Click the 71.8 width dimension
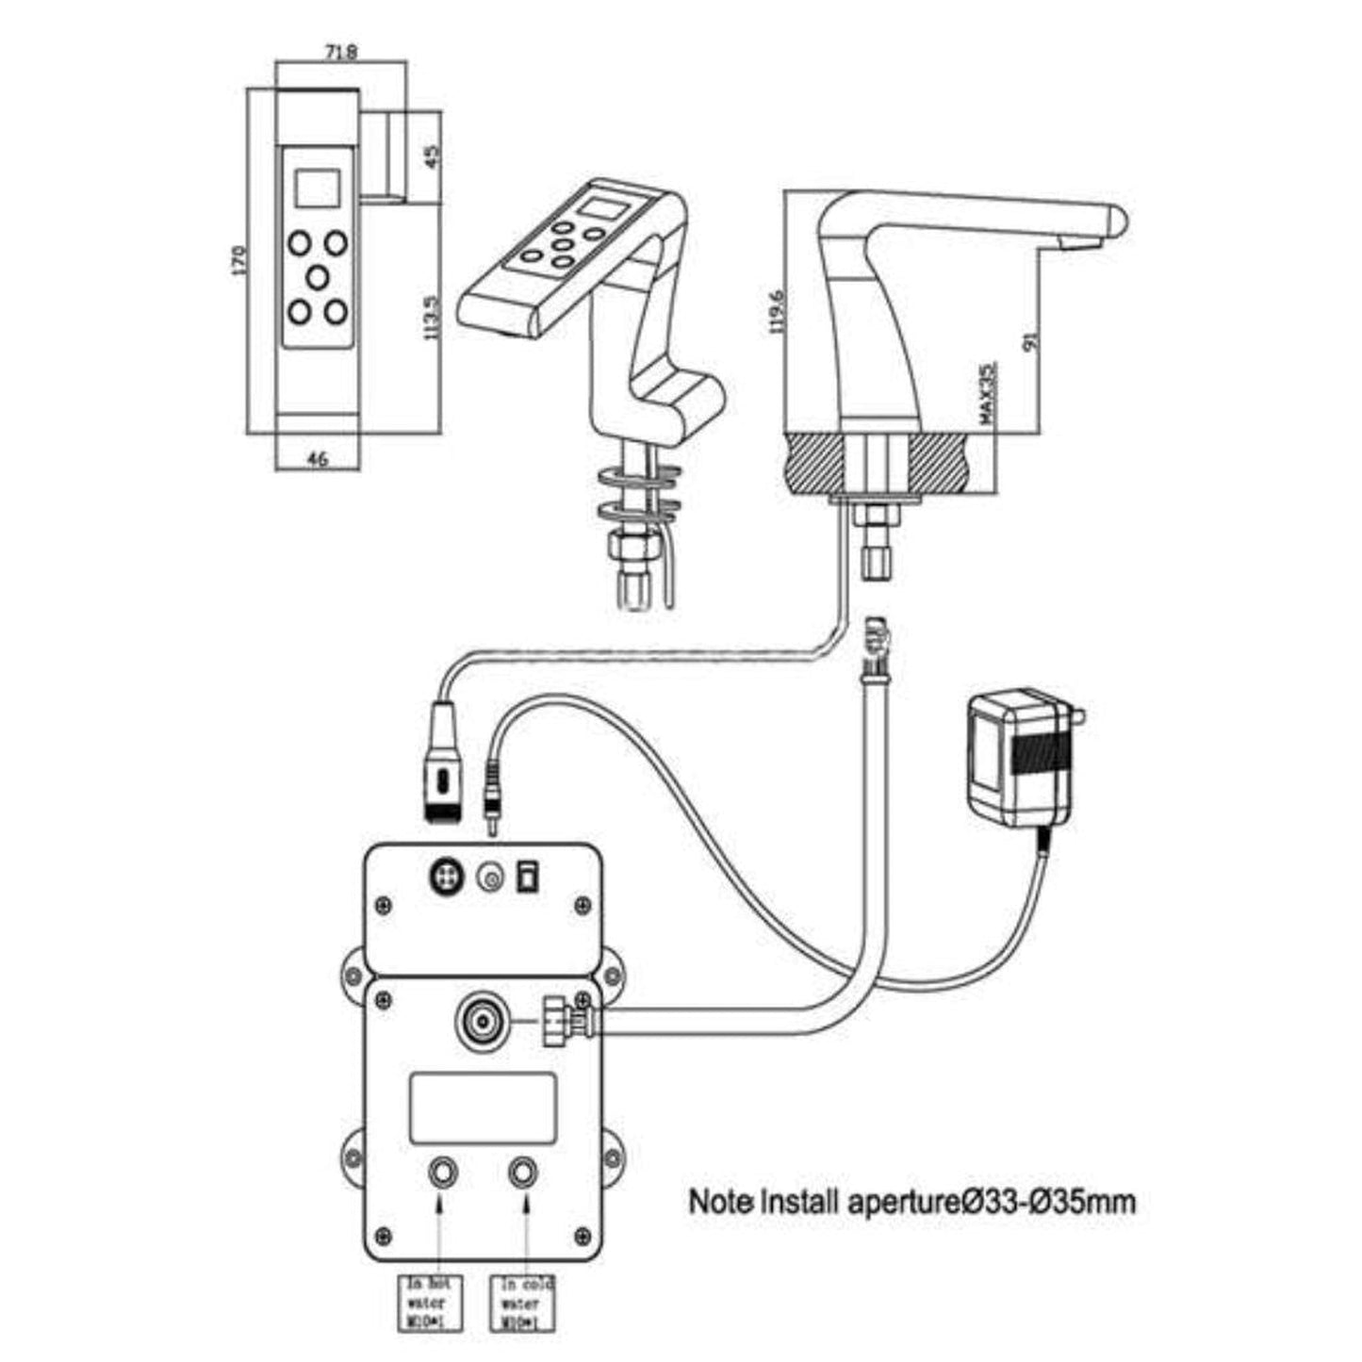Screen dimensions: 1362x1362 click(339, 54)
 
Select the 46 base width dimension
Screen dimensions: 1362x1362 click(318, 460)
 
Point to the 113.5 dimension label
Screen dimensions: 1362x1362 click(433, 319)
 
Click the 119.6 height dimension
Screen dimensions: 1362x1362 click(778, 312)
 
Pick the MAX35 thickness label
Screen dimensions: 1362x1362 click(987, 395)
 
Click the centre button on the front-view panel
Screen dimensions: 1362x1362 click(318, 277)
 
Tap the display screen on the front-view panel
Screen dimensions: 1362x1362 click(317, 188)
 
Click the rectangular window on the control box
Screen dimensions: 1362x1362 click(483, 1108)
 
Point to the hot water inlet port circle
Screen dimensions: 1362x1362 click(442, 1173)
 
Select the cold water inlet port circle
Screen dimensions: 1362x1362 click(522, 1173)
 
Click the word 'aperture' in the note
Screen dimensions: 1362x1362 click(909, 1202)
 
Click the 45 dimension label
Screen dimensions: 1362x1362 click(433, 156)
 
